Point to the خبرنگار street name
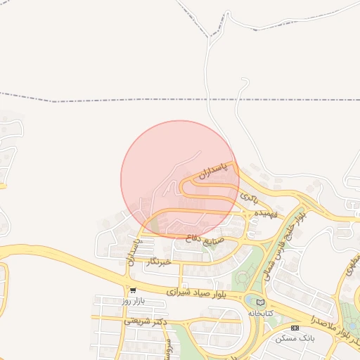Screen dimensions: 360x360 [160, 262]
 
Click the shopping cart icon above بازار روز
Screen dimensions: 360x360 [133, 290]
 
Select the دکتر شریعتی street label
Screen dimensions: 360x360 [143, 321]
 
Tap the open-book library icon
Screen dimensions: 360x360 [261, 302]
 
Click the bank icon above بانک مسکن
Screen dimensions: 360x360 [294, 328]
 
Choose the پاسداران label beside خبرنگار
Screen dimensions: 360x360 [133, 252]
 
